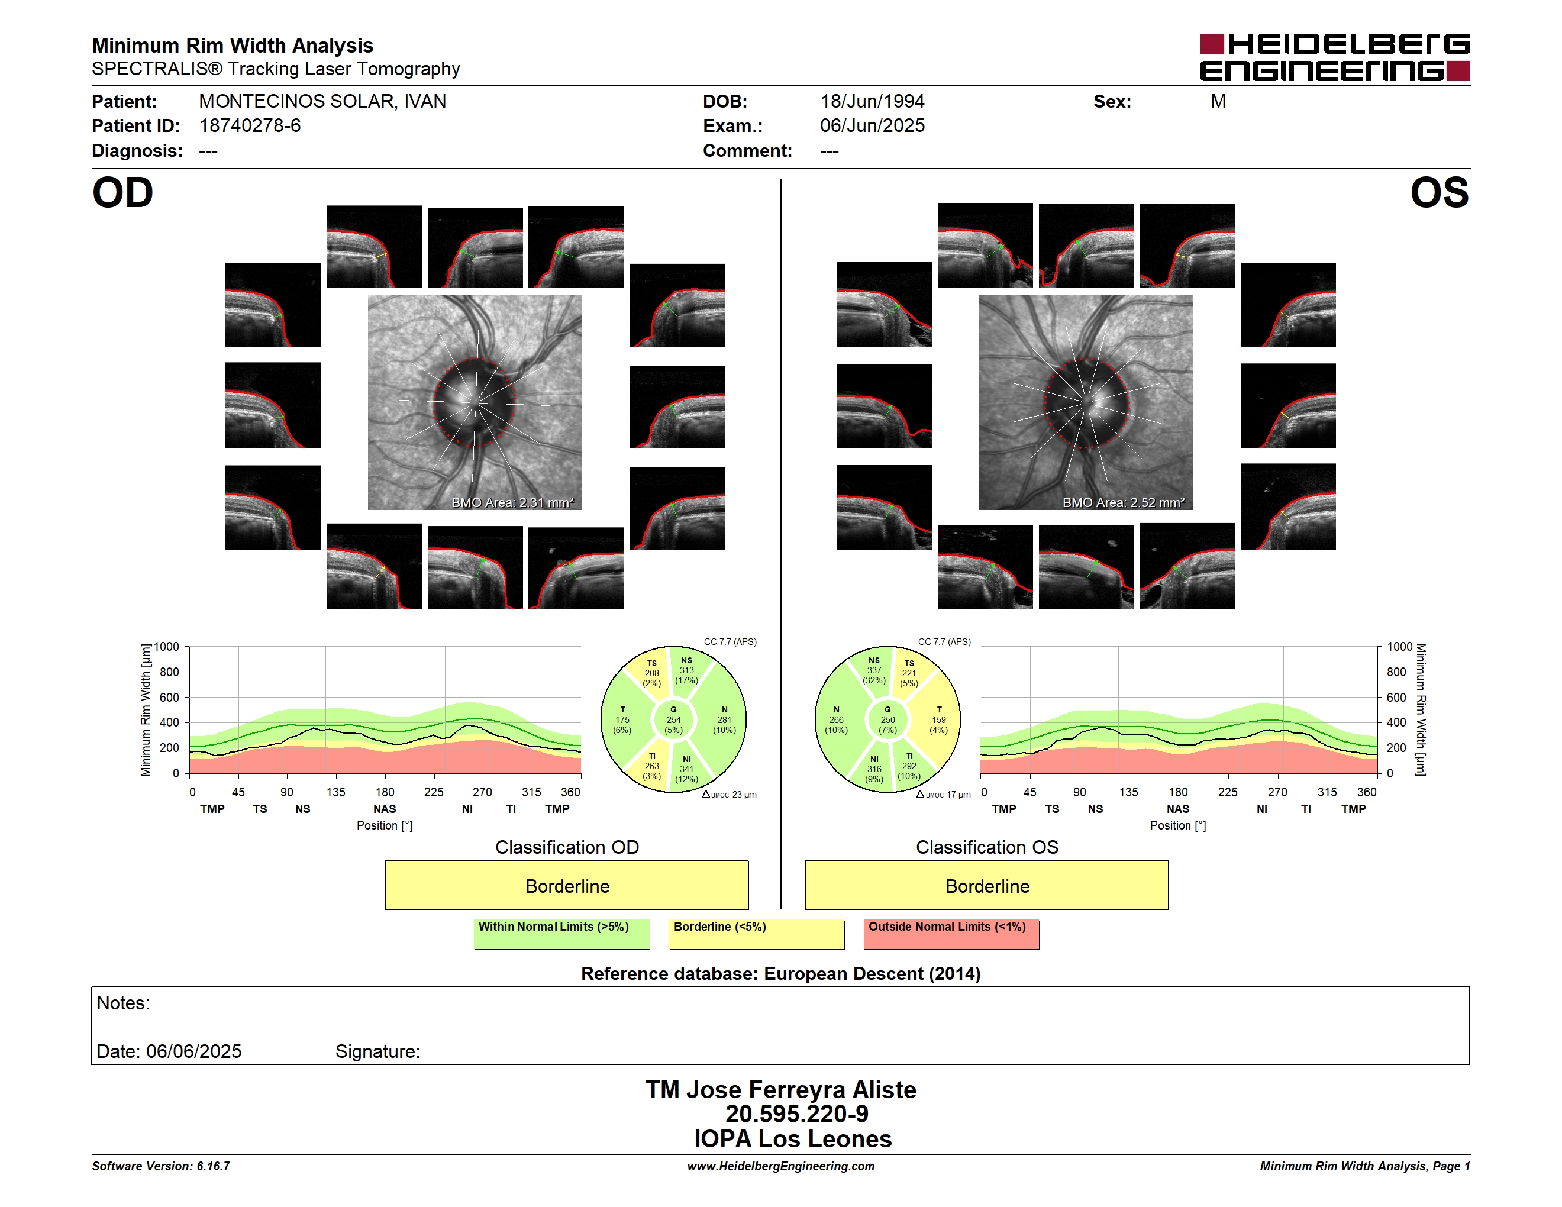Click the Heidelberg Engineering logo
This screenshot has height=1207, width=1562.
pyautogui.click(x=1335, y=57)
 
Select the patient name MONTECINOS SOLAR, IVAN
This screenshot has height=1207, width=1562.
pyautogui.click(x=322, y=102)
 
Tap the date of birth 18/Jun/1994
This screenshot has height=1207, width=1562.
pyautogui.click(x=872, y=102)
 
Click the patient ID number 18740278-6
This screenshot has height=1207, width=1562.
pyautogui.click(x=250, y=126)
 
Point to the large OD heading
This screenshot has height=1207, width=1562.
pyautogui.click(x=123, y=193)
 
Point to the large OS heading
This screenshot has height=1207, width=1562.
pyautogui.click(x=1439, y=193)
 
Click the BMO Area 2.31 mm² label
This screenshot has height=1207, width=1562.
pyautogui.click(x=512, y=503)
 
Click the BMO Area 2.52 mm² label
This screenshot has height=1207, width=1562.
pyautogui.click(x=1123, y=503)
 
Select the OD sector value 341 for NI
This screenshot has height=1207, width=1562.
pyautogui.click(x=686, y=769)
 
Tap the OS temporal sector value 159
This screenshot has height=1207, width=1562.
pyautogui.click(x=939, y=720)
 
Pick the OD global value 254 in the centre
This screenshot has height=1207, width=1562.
pyautogui.click(x=674, y=720)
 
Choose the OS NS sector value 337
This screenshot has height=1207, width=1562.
pyautogui.click(x=874, y=671)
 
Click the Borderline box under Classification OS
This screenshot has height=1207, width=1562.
pyautogui.click(x=987, y=885)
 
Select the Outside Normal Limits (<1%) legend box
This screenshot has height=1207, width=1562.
pyautogui.click(x=951, y=934)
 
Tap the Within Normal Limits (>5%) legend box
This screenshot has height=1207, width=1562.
pyautogui.click(x=561, y=934)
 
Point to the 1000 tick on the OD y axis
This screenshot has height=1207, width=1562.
pyautogui.click(x=167, y=647)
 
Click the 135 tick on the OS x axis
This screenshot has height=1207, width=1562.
pyautogui.click(x=1128, y=792)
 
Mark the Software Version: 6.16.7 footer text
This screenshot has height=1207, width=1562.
pyautogui.click(x=161, y=1166)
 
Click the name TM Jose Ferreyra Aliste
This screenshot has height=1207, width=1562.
pyautogui.click(x=781, y=1090)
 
